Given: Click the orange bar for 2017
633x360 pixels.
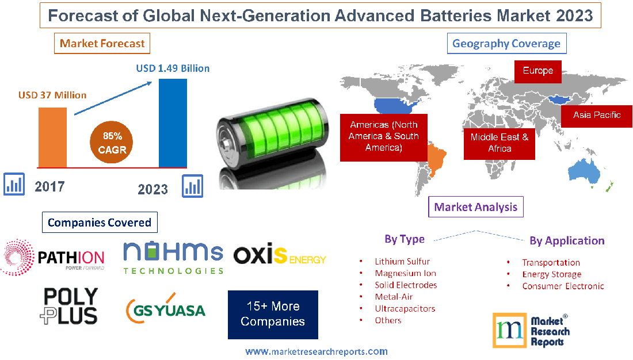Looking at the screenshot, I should pos(52,137).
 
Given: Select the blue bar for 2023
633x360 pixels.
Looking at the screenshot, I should pos(173,122).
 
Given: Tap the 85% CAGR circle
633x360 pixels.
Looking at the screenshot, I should pos(112,143).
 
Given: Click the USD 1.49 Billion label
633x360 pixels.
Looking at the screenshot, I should pos(173,68).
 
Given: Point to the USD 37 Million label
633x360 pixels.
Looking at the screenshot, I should pos(52,95).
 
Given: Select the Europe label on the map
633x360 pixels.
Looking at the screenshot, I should pos(538,71).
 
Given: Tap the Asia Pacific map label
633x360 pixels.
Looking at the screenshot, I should pos(597,115).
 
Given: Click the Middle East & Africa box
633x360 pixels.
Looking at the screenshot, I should pos(499,143).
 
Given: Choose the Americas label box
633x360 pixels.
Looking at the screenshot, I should pos(384,136).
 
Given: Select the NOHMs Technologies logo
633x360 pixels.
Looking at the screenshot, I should pos(173,257).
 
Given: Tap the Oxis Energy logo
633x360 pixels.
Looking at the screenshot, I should pos(280,255).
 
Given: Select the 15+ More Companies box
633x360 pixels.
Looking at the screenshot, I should pos(273,314).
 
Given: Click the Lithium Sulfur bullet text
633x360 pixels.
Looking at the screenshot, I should pos(402,262).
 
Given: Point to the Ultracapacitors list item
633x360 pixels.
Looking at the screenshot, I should pos(405,308).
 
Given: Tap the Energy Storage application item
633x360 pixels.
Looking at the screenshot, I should pos(551,274).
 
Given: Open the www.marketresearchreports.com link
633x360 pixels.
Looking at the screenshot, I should pos(316,351).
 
